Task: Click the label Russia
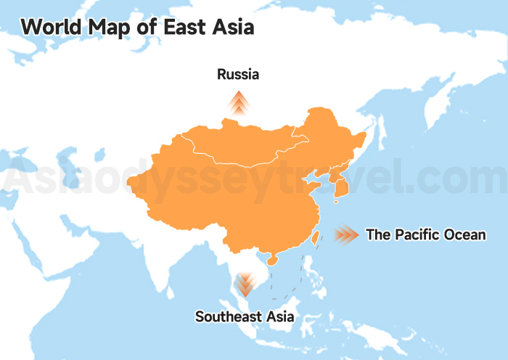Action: point(238,74)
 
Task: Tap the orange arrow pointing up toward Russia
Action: point(238,103)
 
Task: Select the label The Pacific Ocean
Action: point(425,234)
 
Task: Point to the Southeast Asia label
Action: point(245,317)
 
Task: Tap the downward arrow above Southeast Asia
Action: point(245,283)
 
